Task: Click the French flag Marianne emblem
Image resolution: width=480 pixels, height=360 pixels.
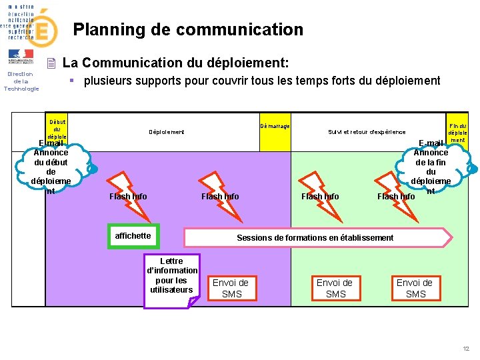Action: pyautogui.click(x=21, y=55)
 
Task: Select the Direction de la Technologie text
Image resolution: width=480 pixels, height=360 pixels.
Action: pyautogui.click(x=21, y=81)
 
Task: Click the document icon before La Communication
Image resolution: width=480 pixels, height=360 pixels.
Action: pyautogui.click(x=51, y=64)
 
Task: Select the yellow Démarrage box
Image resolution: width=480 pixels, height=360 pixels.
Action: pyautogui.click(x=275, y=125)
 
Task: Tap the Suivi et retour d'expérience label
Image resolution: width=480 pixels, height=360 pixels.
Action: pyautogui.click(x=366, y=132)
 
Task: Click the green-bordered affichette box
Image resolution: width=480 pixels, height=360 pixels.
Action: pyautogui.click(x=133, y=236)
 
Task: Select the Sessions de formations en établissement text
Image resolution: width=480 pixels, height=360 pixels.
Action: pyautogui.click(x=315, y=238)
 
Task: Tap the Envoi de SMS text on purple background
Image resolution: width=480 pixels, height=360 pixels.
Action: pyautogui.click(x=231, y=288)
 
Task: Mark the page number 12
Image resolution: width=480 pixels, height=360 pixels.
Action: pyautogui.click(x=466, y=349)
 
